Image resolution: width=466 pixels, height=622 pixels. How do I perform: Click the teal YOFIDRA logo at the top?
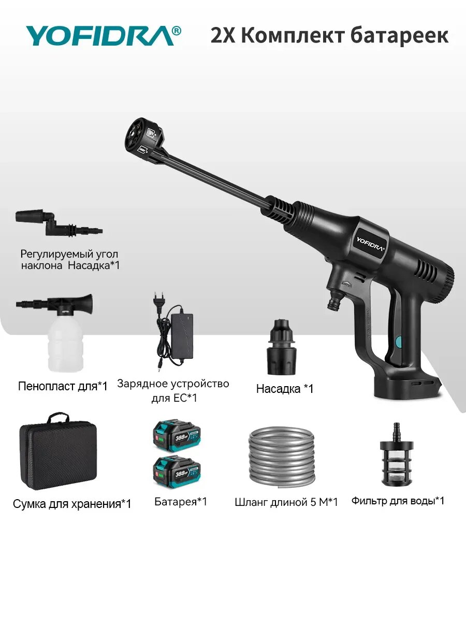pyautogui.click(x=104, y=35)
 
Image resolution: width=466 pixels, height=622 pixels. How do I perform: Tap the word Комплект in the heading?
pyautogui.click(x=293, y=36)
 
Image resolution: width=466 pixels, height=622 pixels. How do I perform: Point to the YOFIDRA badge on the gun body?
pyautogui.click(x=370, y=244)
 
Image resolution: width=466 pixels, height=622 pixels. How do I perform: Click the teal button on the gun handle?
pyautogui.click(x=399, y=342)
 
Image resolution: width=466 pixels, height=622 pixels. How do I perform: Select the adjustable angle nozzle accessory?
pyautogui.click(x=59, y=223)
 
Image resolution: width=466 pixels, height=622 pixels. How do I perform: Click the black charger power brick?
pyautogui.click(x=182, y=336)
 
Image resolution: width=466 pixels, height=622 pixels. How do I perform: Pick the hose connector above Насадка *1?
pyautogui.click(x=282, y=347)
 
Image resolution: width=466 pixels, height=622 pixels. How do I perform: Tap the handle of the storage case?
pyautogui.click(x=59, y=417)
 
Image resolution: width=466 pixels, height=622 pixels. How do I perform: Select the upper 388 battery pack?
pyautogui.click(x=177, y=436)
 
